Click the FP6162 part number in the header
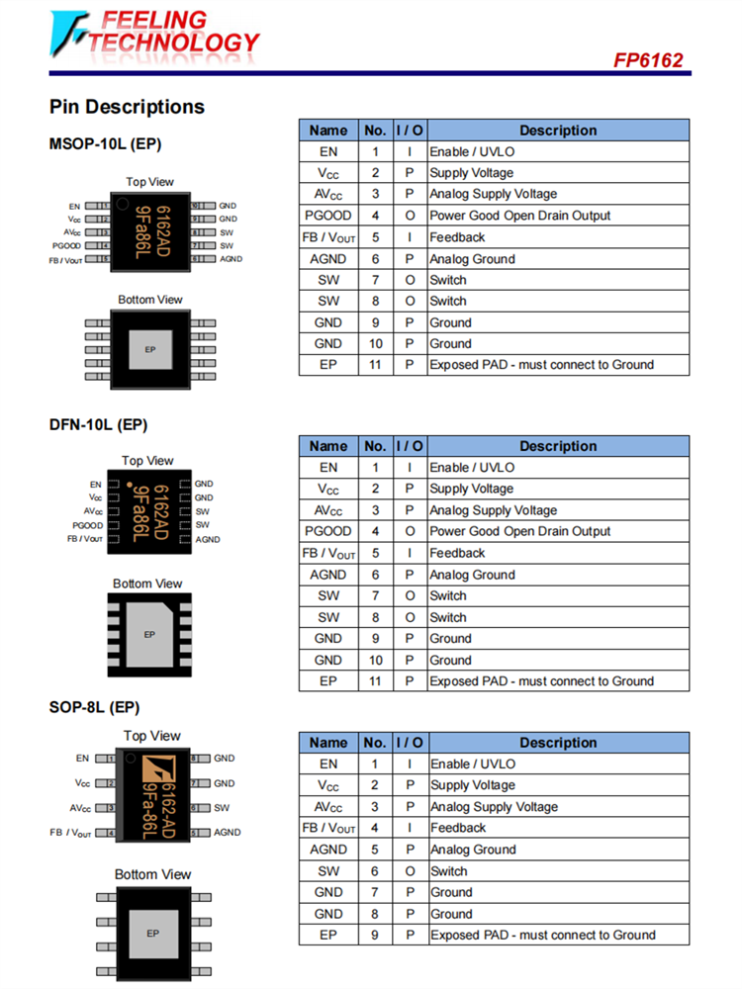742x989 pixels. tap(648, 60)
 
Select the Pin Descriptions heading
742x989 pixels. tap(127, 107)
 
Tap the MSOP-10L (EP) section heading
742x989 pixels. tap(105, 144)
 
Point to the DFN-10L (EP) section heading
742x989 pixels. tap(98, 425)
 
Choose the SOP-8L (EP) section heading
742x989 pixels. tap(94, 707)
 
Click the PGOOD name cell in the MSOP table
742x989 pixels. tap(328, 216)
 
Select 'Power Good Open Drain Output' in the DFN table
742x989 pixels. tap(520, 531)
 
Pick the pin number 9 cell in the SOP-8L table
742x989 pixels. tap(375, 935)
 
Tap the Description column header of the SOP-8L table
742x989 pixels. tap(558, 743)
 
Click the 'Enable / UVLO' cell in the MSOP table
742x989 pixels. tap(472, 151)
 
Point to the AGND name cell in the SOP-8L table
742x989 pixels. tap(328, 850)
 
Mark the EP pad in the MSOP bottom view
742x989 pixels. tap(150, 350)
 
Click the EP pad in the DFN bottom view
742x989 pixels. tap(149, 634)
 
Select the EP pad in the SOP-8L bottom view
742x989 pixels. tap(152, 933)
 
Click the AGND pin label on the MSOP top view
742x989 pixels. tap(231, 259)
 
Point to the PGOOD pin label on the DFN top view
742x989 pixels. tap(87, 525)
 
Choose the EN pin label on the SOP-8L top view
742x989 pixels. tap(82, 759)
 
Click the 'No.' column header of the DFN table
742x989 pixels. tap(375, 446)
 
